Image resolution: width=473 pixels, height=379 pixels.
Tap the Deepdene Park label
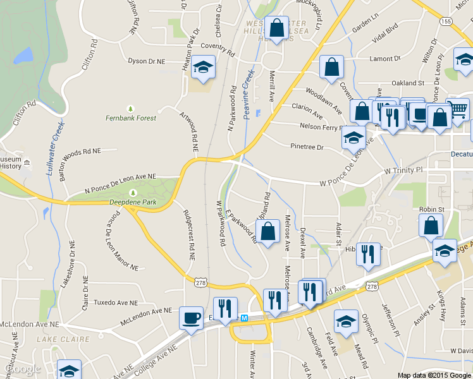tap(132, 202)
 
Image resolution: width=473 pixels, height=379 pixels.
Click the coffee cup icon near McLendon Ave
tap(190, 318)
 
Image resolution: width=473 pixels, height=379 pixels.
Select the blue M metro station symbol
tap(244, 318)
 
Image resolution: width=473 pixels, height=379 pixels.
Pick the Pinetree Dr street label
tap(307, 147)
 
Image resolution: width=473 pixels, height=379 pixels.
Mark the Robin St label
tap(432, 209)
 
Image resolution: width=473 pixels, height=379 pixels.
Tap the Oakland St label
tap(407, 83)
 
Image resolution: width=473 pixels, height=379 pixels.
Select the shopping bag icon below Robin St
tap(431, 225)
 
